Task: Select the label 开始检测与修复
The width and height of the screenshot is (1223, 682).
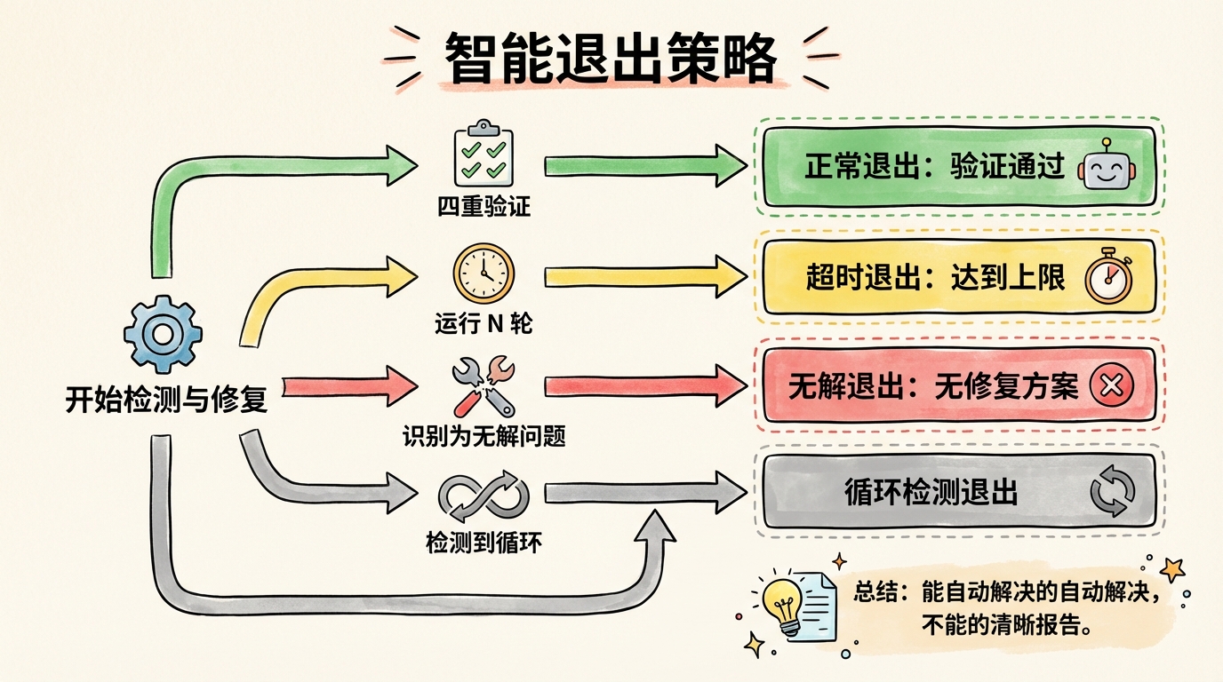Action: pyautogui.click(x=166, y=400)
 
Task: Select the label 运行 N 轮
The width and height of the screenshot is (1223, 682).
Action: pyautogui.click(x=484, y=323)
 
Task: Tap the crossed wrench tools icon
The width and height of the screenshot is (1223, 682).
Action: pyautogui.click(x=484, y=385)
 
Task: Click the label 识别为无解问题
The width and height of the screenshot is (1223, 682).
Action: pyautogui.click(x=484, y=436)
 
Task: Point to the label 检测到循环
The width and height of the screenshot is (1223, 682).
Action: pyautogui.click(x=484, y=542)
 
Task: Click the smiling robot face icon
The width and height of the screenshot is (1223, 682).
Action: pyautogui.click(x=1107, y=166)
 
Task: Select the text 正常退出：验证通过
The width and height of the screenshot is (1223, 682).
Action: pyautogui.click(x=934, y=167)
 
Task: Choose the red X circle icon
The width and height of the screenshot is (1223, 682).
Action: pyautogui.click(x=1111, y=386)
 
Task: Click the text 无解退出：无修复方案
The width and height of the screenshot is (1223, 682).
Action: pyautogui.click(x=932, y=386)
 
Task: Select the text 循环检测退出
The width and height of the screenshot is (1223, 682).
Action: pyautogui.click(x=931, y=493)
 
